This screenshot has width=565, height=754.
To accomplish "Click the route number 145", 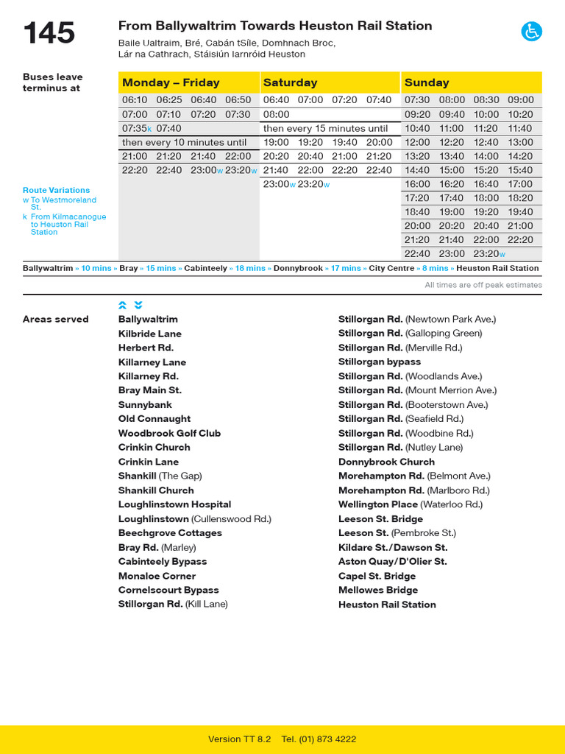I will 49,33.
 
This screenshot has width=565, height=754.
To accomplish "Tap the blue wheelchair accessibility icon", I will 531,32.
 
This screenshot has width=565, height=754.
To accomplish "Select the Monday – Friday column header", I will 171,82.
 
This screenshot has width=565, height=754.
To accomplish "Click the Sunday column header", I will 427,82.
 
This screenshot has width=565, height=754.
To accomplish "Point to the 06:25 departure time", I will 169,100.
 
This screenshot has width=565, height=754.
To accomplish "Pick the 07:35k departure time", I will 137,128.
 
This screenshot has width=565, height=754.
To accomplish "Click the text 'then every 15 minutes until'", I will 325,128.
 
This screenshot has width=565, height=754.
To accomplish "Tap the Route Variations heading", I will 56,190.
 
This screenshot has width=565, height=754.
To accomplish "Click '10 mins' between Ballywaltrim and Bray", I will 96,269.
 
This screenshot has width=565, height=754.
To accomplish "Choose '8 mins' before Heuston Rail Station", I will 435,269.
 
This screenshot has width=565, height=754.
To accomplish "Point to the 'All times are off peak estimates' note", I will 483,285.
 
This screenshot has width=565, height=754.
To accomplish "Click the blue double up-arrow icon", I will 123,305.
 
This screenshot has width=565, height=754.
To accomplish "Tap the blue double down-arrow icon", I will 138,305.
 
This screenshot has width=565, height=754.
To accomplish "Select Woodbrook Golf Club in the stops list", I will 169,433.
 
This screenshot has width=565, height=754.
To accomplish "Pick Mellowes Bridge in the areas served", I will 377,590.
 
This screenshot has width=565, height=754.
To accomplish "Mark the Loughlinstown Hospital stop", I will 174,504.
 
